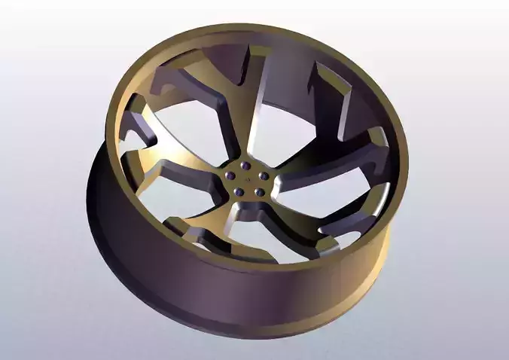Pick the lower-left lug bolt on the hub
pyautogui.click(x=239, y=192)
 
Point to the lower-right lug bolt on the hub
pyautogui.click(x=258, y=192)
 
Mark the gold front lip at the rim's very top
pyautogui.click(x=256, y=31)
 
